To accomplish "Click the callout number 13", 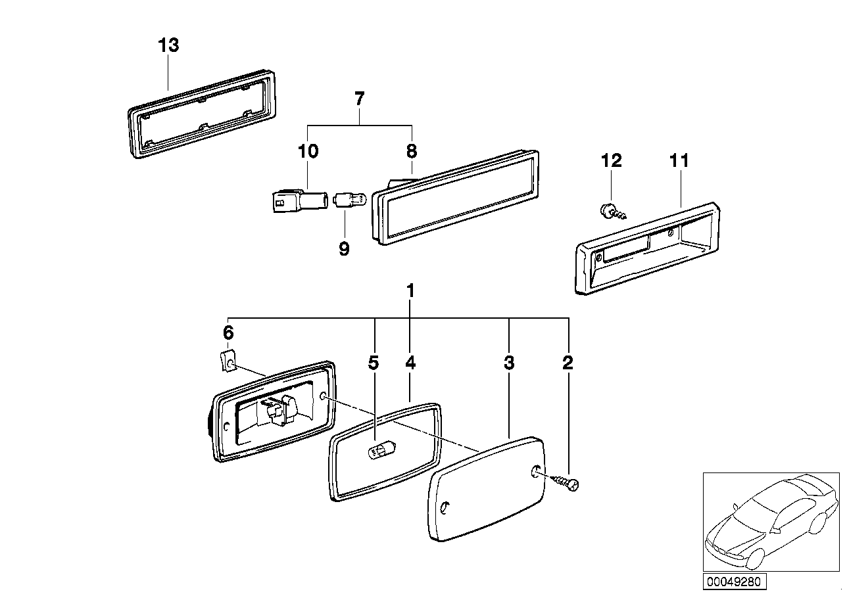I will point(168,46).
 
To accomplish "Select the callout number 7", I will point(359,100).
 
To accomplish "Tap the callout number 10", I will point(308,152).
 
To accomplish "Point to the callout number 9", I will point(344,249).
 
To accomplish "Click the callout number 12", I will point(611,160).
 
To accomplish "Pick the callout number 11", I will point(679,160).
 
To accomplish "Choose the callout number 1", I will point(410,290).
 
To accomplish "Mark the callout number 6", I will point(228,333).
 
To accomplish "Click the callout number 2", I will point(568,362).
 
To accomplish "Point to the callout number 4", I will point(410,362).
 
